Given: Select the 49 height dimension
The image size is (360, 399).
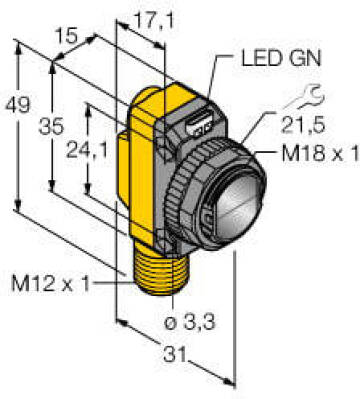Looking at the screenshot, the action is pyautogui.click(x=17, y=105).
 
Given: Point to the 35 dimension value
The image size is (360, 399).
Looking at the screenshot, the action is pyautogui.click(x=51, y=127).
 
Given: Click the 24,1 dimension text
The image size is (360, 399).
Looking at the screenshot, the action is pyautogui.click(x=87, y=149).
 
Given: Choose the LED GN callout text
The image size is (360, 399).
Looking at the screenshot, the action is pyautogui.click(x=281, y=58).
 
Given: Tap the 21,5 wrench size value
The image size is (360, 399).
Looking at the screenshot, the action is pyautogui.click(x=302, y=125).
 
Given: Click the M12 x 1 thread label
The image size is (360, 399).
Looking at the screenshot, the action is pyautogui.click(x=51, y=284).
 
